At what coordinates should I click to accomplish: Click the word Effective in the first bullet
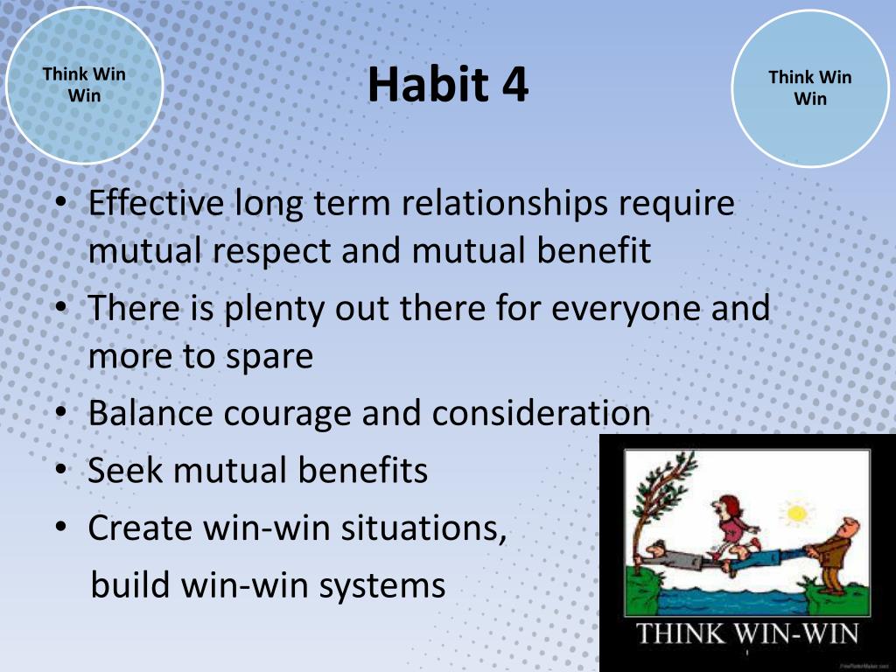[x=156, y=202]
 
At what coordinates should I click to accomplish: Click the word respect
[x=273, y=251]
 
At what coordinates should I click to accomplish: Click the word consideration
[x=541, y=413]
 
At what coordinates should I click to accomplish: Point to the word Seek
[x=124, y=470]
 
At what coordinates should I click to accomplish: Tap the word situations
[x=423, y=528]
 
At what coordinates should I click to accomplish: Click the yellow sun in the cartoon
[x=797, y=514]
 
